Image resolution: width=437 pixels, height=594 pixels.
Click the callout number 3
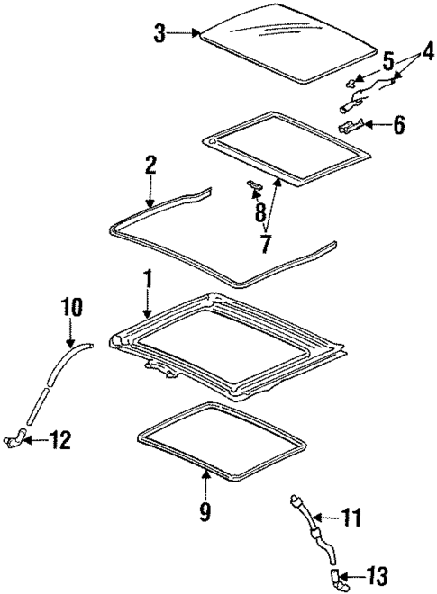point(159,34)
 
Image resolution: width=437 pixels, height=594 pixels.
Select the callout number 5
point(388,62)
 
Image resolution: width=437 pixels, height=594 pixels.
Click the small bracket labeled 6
point(351,126)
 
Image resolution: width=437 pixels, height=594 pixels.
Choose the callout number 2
point(150,165)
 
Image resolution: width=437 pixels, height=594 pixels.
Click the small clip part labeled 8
point(254,186)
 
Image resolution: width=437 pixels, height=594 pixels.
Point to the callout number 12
point(61,441)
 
